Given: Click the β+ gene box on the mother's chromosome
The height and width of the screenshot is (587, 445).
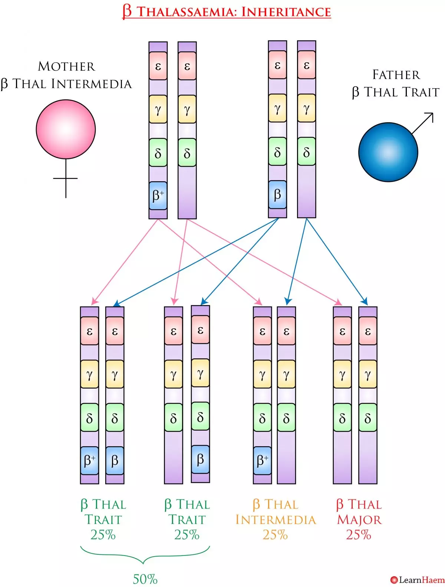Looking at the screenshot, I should click(158, 196).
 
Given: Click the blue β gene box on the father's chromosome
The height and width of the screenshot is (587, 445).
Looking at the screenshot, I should click(277, 195).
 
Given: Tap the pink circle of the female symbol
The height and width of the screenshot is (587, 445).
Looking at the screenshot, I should click(66, 129).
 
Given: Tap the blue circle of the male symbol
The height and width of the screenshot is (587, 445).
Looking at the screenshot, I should click(388, 152).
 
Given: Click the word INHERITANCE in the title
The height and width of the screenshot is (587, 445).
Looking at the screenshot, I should click(286, 12).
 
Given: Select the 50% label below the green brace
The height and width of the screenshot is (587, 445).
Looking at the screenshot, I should click(145, 578).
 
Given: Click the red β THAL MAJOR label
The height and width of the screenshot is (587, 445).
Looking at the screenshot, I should click(359, 512).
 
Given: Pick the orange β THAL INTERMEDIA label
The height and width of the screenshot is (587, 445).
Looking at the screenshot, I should click(276, 512).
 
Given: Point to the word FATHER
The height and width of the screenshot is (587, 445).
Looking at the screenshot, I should click(396, 75).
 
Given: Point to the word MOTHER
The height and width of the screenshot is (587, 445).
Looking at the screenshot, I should click(66, 66).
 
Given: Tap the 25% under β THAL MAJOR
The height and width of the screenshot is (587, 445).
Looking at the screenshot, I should click(359, 535).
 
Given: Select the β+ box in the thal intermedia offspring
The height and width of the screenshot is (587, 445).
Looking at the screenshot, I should click(262, 461).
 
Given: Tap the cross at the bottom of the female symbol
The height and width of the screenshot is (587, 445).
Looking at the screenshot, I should click(66, 179).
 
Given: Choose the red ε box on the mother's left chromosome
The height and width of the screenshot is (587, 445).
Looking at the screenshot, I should click(158, 66).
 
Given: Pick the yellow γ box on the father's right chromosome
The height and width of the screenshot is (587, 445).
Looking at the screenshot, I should click(306, 108).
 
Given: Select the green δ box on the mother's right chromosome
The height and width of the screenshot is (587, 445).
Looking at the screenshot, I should click(187, 153).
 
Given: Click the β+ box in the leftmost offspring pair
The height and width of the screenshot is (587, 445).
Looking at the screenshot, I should click(89, 461).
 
